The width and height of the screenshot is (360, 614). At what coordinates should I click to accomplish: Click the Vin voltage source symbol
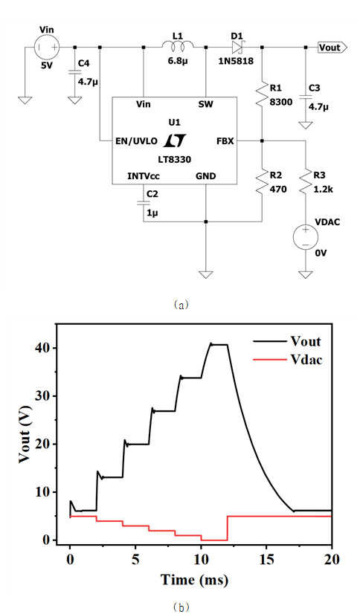[x=47, y=48]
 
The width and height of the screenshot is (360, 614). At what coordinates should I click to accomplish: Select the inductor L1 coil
[x=178, y=45]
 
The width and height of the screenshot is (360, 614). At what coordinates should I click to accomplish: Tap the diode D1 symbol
[x=238, y=48]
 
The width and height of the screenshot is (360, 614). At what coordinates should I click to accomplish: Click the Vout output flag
[x=332, y=48]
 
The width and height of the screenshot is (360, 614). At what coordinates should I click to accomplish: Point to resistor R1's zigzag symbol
[x=262, y=94]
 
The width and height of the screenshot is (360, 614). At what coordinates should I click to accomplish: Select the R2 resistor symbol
[x=262, y=181]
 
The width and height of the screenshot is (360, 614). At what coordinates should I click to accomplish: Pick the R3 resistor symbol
[x=306, y=181]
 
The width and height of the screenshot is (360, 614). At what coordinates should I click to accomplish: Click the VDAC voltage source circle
[x=306, y=237]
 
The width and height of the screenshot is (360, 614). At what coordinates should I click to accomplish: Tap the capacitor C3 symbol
[x=306, y=96]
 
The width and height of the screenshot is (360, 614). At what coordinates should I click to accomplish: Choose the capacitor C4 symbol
[x=74, y=71]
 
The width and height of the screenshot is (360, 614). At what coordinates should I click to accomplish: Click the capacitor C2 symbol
[x=144, y=202]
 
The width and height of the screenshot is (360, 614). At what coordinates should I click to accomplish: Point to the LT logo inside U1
[x=174, y=140]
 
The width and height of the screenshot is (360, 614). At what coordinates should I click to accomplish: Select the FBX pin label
[x=225, y=141]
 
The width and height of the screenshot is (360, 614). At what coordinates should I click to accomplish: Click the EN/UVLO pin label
[x=136, y=141]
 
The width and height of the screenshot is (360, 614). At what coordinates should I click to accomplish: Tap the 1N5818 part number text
[x=237, y=61]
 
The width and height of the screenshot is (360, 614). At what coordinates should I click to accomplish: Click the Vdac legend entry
[x=288, y=360]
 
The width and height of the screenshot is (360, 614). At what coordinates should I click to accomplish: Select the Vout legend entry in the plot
[x=287, y=341]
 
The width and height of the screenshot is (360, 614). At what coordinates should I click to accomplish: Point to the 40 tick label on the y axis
[x=44, y=348]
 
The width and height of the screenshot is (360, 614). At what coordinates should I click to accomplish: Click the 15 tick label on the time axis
[x=266, y=559]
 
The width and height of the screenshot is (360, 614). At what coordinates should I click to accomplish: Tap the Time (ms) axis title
[x=194, y=579]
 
